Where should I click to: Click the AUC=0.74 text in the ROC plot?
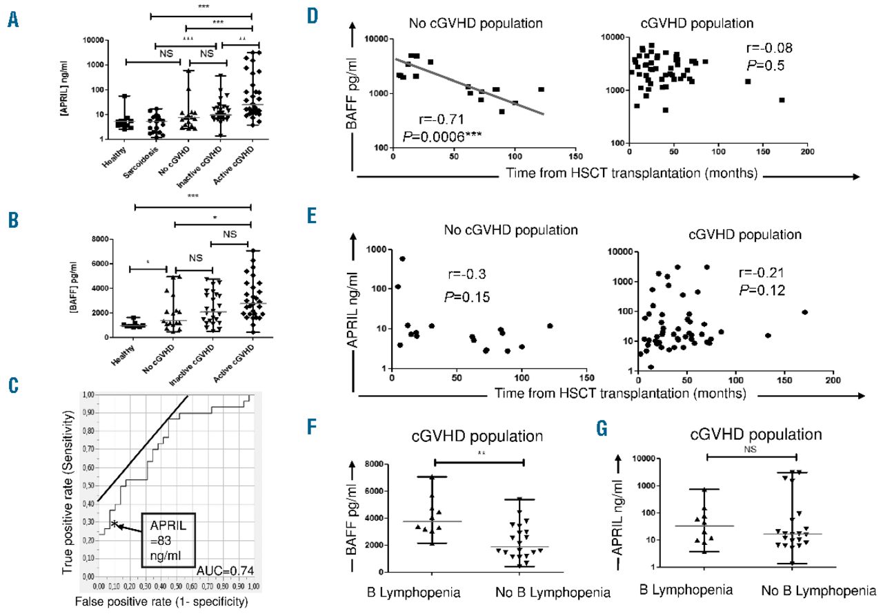(x=219, y=570)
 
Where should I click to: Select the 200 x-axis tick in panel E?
(x=833, y=381)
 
